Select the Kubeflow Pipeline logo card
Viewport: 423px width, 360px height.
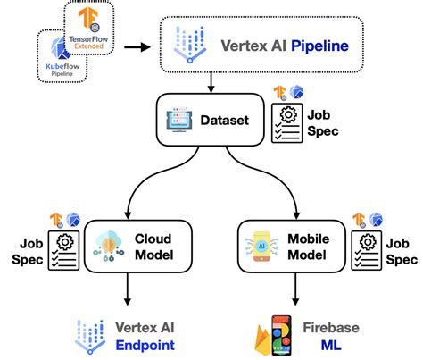pyautogui.click(x=60, y=55)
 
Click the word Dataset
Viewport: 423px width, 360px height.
pyautogui.click(x=224, y=120)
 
